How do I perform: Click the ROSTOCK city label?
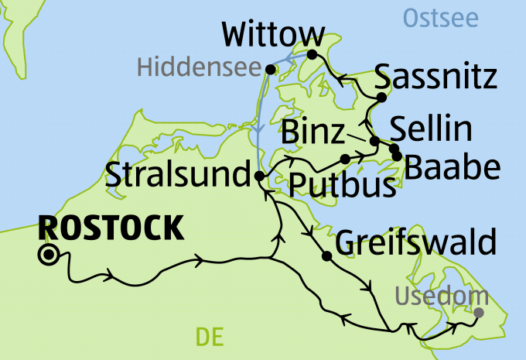[111, 228]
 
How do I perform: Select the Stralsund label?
[176, 174]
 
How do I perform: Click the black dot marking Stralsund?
[260, 177]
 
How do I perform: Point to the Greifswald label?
[415, 242]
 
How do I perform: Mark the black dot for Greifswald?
[327, 256]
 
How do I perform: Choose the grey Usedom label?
[442, 295]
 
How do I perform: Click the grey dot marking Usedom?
[478, 313]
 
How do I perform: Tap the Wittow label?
[272, 35]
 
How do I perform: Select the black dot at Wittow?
[312, 54]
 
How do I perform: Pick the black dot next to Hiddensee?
[270, 70]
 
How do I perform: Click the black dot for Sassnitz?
[381, 97]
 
